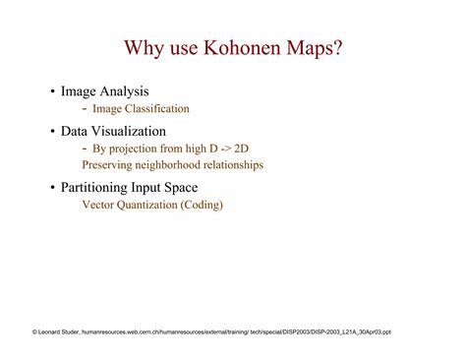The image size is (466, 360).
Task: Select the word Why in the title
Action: pos(145,48)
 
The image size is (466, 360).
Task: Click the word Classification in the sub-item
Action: pos(157,109)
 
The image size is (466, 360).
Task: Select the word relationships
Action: pos(235,165)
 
